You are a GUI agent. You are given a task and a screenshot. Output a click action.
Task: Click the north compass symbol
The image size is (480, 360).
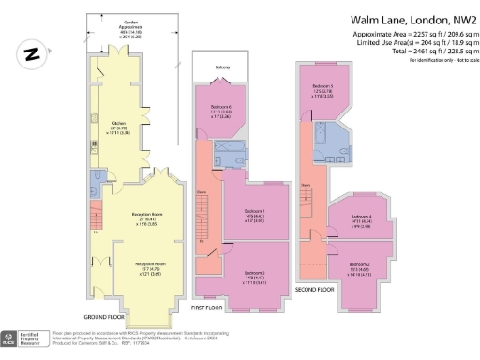click(x=32, y=55)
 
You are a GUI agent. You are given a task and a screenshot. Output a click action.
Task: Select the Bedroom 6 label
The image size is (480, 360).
click(x=220, y=109)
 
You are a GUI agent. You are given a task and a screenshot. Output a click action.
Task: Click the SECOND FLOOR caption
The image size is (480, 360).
click(x=314, y=290)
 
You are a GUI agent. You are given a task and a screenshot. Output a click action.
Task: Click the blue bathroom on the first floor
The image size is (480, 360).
click(x=228, y=152)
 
